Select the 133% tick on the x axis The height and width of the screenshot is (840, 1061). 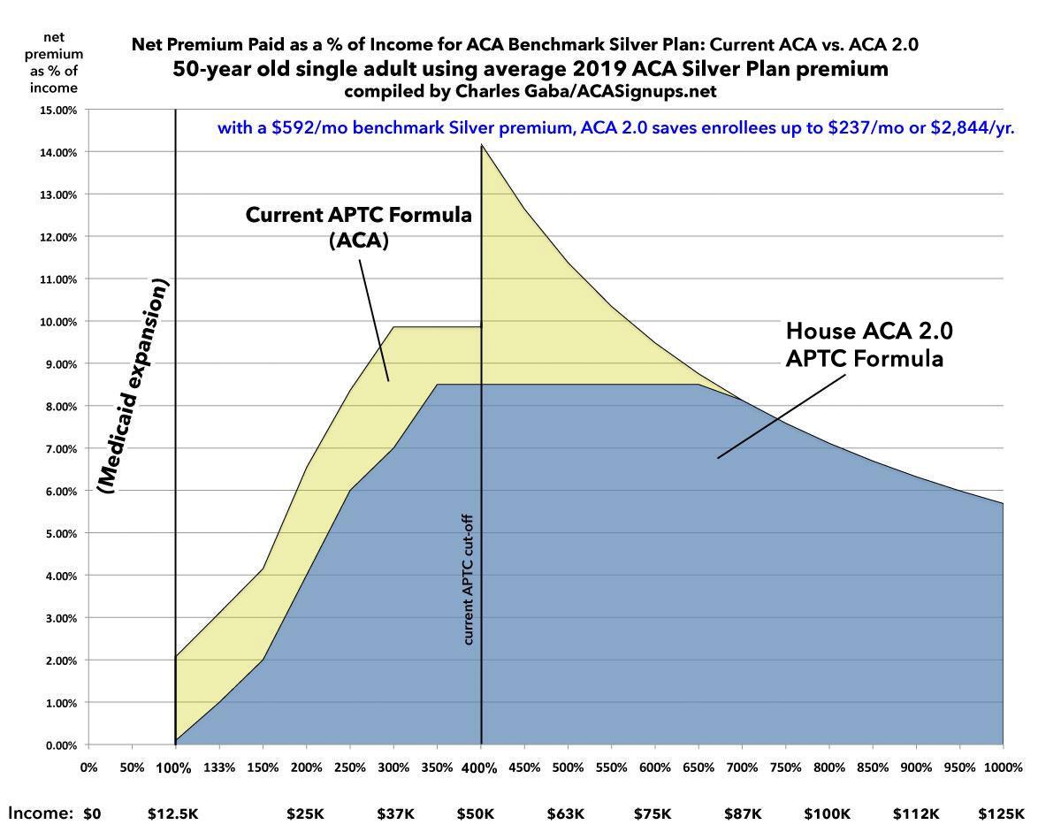(218, 767)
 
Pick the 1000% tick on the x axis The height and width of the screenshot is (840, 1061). (1003, 767)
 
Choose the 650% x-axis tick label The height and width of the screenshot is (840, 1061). (698, 767)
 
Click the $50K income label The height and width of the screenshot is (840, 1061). (476, 813)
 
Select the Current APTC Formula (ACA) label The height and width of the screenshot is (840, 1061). (358, 227)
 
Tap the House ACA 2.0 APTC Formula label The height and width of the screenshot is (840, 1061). (870, 345)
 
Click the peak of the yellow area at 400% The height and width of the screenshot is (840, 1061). (482, 146)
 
